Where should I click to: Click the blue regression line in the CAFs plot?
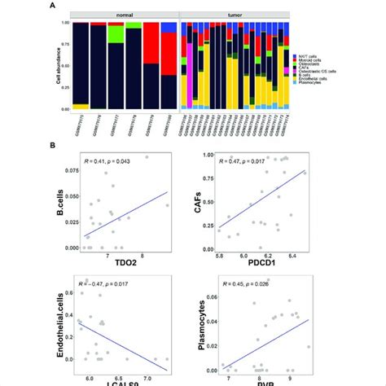(x=261, y=200)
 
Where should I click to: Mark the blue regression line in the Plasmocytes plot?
(x=269, y=343)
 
